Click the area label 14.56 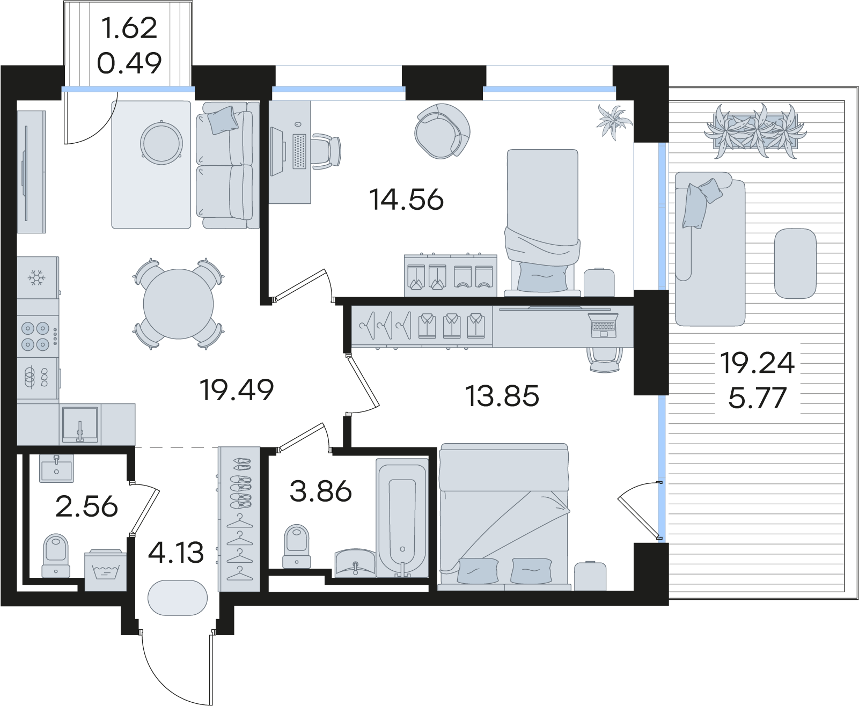[x=406, y=200]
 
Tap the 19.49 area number [x=237, y=390]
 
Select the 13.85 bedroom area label [x=502, y=396]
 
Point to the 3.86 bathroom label [x=320, y=491]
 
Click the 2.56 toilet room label [x=86, y=507]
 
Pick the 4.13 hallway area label [x=175, y=553]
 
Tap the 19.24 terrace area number [x=757, y=363]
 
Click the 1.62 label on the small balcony [x=129, y=28]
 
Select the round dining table [x=178, y=304]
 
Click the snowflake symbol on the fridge [x=36, y=278]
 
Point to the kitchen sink [x=79, y=424]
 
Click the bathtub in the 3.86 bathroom [x=402, y=518]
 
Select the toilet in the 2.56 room [x=56, y=555]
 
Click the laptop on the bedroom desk [x=603, y=325]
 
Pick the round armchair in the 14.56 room [x=442, y=131]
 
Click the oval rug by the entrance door [x=178, y=598]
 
